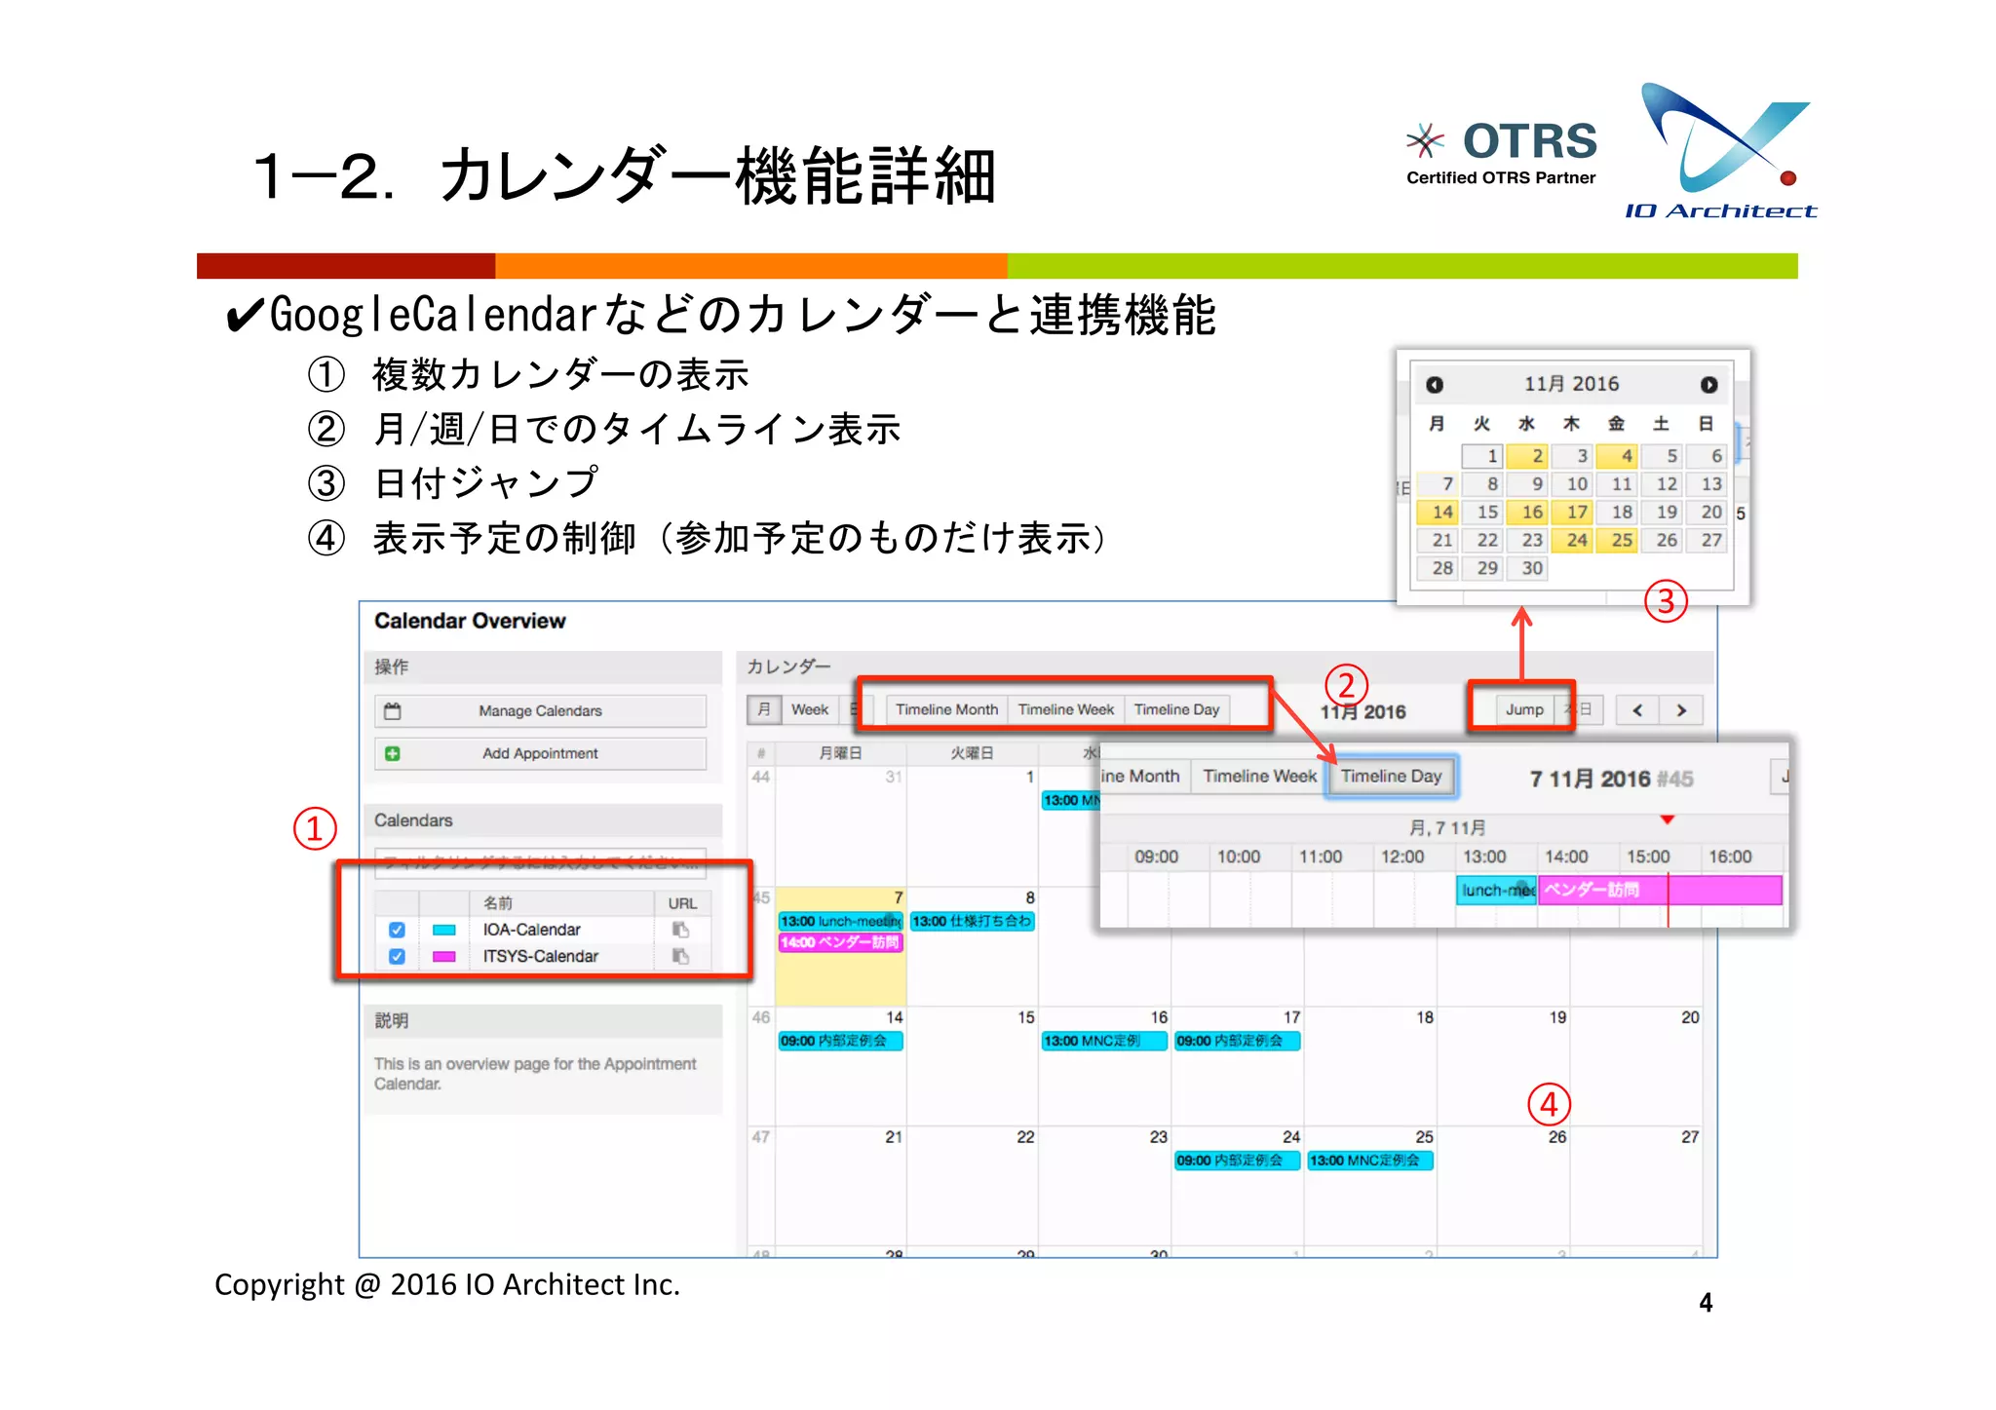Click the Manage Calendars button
[540, 710]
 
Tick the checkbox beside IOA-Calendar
[397, 930]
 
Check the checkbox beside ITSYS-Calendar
[397, 956]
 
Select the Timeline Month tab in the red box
[946, 709]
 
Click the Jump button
[1523, 709]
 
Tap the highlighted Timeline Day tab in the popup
[1391, 777]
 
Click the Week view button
[809, 709]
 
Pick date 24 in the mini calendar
[1576, 540]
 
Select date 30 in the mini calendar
[1531, 568]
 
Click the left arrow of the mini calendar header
[1435, 385]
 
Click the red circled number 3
[1666, 601]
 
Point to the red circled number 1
[315, 829]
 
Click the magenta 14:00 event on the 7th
[840, 942]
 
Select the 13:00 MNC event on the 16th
[1103, 1041]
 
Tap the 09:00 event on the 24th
[1236, 1161]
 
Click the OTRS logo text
[1529, 141]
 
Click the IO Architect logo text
[1720, 211]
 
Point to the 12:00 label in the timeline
[1401, 857]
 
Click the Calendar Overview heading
[470, 621]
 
